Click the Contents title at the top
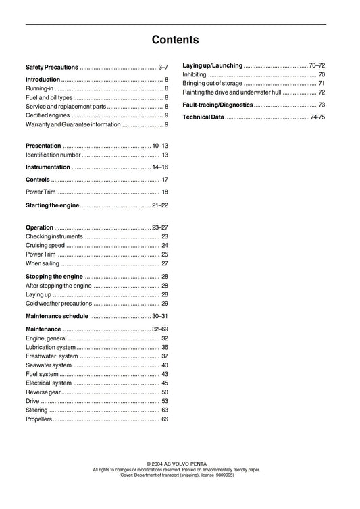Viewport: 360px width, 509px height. coord(175,40)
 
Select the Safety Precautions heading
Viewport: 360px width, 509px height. coord(51,68)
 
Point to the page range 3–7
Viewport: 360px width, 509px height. coord(163,68)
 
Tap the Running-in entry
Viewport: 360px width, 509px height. coord(39,89)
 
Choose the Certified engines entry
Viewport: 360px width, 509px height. coord(47,115)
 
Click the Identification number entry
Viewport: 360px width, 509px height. coord(53,155)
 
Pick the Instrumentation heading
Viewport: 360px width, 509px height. coord(47,167)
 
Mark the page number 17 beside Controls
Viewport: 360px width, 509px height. coord(165,180)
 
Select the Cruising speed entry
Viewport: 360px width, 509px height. coord(45,246)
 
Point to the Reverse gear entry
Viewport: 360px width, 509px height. coord(43,392)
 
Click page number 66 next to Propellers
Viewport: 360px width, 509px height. coord(165,419)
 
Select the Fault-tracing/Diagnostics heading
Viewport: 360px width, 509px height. coord(217,105)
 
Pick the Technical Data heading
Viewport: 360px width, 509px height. coord(203,118)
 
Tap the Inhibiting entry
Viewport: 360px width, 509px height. coord(195,74)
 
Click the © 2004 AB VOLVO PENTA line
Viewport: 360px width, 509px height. coord(180,464)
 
